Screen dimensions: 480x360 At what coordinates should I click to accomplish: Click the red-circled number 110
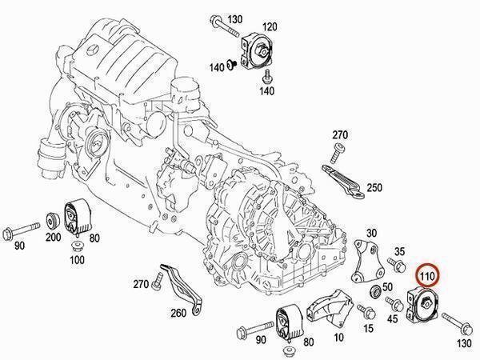click(427, 277)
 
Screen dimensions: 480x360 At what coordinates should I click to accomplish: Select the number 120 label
click(269, 27)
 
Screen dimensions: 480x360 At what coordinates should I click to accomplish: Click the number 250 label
click(374, 187)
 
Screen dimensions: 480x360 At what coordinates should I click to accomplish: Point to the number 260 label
click(178, 313)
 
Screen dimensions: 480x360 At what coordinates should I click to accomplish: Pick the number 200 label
click(53, 237)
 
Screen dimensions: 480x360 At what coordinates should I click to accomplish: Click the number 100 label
click(77, 260)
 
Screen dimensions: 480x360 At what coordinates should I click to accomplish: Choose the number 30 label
click(371, 234)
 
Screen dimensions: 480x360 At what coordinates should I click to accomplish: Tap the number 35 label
click(399, 252)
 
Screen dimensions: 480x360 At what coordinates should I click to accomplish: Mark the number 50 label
click(387, 287)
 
